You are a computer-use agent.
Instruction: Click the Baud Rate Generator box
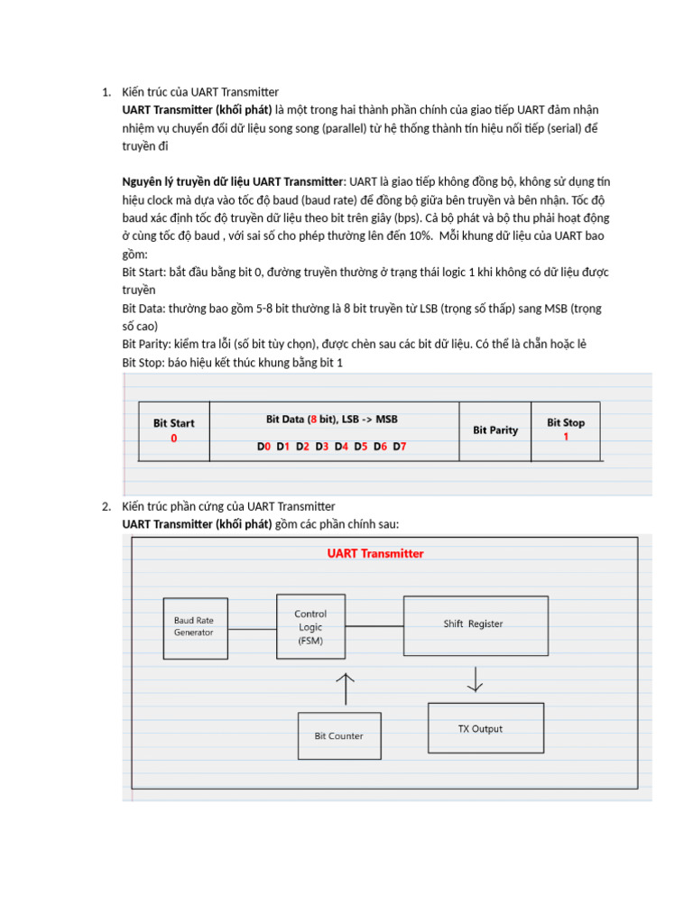pos(195,626)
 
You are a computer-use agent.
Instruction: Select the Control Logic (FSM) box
pos(310,626)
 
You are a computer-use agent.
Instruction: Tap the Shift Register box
pos(473,624)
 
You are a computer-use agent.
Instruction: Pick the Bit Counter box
pos(338,735)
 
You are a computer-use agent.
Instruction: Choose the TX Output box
pos(485,729)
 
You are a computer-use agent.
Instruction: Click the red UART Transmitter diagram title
pos(374,553)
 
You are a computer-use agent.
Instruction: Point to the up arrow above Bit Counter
pos(345,688)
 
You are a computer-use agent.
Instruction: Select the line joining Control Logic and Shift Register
pos(374,625)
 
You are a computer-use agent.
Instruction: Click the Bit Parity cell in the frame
pos(495,430)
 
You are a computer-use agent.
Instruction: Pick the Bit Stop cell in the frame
pos(566,430)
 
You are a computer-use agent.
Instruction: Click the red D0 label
pos(263,447)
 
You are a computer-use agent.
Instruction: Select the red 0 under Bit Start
pos(173,439)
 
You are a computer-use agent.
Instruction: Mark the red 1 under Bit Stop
pos(566,437)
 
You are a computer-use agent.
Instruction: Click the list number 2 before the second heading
pos(106,506)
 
